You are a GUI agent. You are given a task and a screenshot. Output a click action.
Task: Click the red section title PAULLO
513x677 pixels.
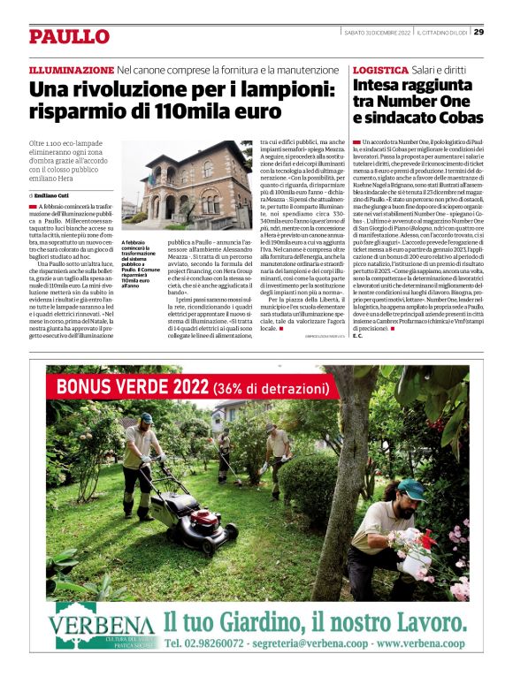coord(69,36)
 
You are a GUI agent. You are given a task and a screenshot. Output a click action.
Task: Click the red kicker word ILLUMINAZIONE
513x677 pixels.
coord(72,69)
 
